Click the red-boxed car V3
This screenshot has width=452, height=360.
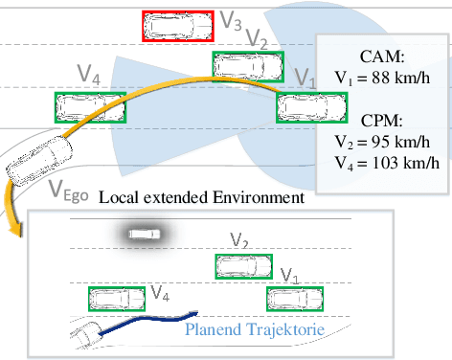point(178,26)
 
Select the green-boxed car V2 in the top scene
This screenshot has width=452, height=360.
point(248,65)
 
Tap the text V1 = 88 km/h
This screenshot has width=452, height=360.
point(384,77)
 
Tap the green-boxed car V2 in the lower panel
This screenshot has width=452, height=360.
point(242,267)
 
